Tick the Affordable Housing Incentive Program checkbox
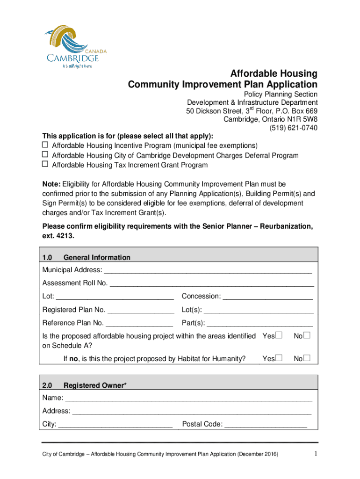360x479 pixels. pos(45,145)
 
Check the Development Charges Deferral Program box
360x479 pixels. pos(45,155)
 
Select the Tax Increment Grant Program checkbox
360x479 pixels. pos(45,165)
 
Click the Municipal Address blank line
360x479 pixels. pos(208,271)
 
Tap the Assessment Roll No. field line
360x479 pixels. pos(211,284)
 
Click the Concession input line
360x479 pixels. pos(267,297)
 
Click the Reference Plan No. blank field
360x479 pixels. pos(139,323)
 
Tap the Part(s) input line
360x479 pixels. pos(259,323)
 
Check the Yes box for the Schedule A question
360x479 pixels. pos(279,336)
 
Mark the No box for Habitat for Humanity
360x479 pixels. pos(307,359)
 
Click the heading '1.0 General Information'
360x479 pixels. pos(86,258)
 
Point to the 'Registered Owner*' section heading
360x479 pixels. pos(95,386)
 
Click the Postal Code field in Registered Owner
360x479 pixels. pos(266,425)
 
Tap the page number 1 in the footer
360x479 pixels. pos(316,454)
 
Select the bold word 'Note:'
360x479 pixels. pos(51,184)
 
